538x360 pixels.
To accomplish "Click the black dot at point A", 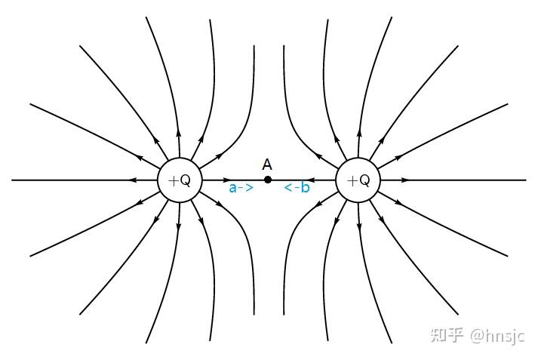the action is [268, 180].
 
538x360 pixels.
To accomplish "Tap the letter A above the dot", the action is [267, 164].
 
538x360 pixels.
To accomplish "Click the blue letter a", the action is [233, 187].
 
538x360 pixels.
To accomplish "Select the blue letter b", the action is [305, 187].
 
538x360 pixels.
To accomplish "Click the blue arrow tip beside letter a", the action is [249, 187].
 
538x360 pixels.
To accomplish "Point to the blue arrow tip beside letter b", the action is [287, 187].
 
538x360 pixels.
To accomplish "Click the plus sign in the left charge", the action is [173, 180].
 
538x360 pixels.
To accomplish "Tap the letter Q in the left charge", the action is [186, 180].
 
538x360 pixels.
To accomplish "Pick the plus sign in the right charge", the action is [351, 180].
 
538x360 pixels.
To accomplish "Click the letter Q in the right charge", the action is [364, 180].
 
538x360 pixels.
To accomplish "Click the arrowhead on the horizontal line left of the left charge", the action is [134, 180].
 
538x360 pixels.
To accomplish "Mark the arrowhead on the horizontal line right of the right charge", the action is [404, 180].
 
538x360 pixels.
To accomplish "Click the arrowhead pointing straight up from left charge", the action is [179, 132].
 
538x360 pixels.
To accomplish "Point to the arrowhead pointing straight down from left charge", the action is [179, 228].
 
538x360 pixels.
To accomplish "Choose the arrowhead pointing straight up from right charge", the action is [358, 132].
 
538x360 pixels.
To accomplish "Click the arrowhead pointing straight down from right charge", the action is [358, 228].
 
